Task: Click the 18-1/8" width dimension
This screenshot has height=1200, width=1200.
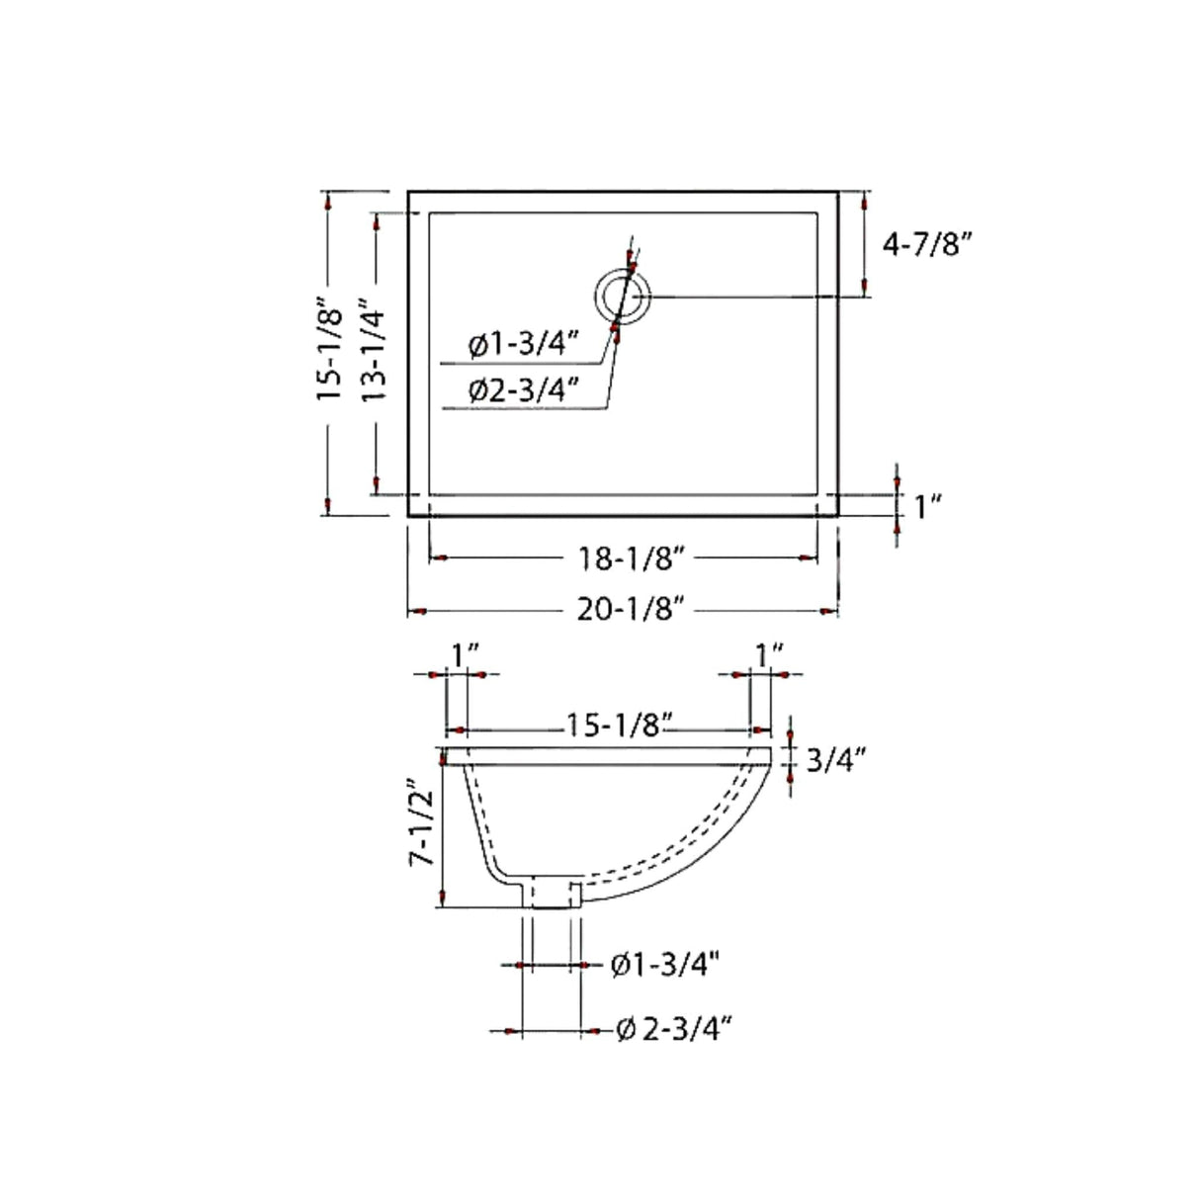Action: [632, 558]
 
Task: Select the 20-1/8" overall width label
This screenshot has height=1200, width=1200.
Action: [632, 612]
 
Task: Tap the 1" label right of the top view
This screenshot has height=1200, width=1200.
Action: [926, 507]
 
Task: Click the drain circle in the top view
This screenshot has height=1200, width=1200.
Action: [623, 297]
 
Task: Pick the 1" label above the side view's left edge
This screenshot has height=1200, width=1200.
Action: [465, 654]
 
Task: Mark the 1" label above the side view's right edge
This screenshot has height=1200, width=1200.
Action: [769, 654]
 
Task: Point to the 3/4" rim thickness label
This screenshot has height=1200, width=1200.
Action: [836, 760]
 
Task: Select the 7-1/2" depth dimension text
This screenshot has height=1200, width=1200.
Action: [424, 828]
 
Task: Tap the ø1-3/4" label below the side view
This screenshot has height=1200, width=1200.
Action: [663, 964]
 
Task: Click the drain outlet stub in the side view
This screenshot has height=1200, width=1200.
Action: [552, 892]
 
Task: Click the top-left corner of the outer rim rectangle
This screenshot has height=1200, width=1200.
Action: [409, 193]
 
